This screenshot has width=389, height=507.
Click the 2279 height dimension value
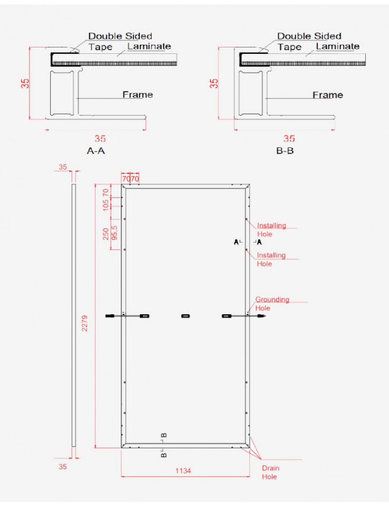click(84, 323)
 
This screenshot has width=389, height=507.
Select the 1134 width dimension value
click(183, 471)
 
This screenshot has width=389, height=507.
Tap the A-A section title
click(96, 151)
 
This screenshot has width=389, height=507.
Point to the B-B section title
click(285, 151)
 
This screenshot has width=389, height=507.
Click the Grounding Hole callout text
click(272, 304)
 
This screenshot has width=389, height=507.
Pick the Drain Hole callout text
click(270, 472)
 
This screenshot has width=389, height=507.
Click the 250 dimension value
click(106, 234)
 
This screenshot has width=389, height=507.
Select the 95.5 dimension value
click(114, 233)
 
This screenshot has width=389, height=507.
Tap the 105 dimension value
click(105, 205)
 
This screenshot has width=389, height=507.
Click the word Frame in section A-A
click(138, 95)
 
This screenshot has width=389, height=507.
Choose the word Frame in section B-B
click(328, 95)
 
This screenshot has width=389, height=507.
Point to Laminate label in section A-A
click(149, 46)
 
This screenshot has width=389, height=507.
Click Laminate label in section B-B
click(338, 46)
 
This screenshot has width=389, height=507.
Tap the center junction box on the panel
click(186, 316)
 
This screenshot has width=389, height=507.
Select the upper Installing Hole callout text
click(271, 230)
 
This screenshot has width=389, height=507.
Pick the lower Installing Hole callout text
click(271, 259)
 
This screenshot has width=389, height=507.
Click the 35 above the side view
click(63, 167)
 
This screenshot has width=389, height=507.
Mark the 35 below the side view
click(63, 466)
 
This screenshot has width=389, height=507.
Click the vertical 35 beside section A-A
click(25, 83)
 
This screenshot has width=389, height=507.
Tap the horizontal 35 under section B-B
click(289, 138)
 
